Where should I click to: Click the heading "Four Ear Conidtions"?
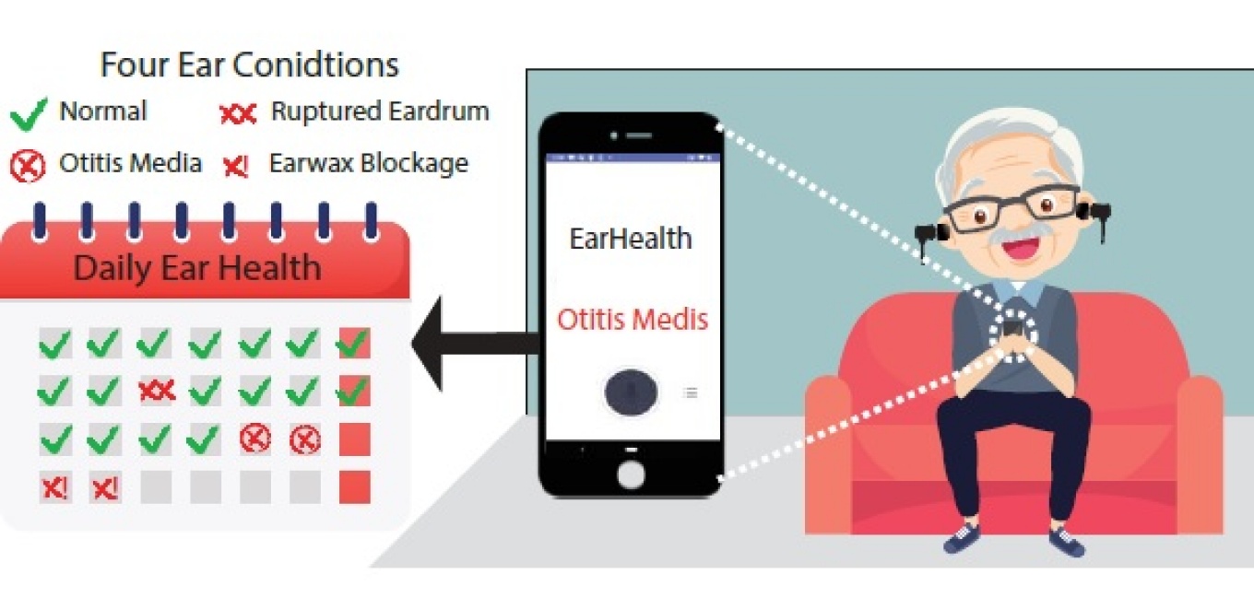249,65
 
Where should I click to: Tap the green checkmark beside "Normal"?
28,114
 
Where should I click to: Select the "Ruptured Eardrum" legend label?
380,112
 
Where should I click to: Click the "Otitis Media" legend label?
130,164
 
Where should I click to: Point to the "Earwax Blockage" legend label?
368,164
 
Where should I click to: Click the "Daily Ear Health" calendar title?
197,268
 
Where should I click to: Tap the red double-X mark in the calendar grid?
156,391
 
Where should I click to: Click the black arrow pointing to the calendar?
470,343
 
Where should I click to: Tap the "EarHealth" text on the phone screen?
631,239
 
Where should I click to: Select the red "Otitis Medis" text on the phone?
633,320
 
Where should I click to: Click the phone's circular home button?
632,474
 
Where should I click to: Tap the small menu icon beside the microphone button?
690,392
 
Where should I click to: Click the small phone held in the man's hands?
1012,327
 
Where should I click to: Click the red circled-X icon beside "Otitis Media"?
28,167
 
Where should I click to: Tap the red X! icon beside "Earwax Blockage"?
236,167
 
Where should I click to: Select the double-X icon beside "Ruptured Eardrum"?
238,114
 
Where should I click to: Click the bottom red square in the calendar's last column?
354,486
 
